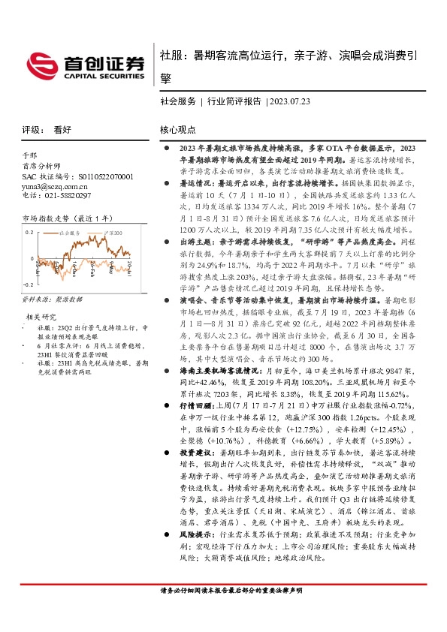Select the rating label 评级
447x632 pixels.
point(32,129)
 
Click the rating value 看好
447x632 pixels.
point(62,129)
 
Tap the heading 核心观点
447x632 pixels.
point(177,129)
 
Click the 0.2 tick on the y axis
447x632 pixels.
point(29,233)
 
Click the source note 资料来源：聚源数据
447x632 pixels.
point(52,299)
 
